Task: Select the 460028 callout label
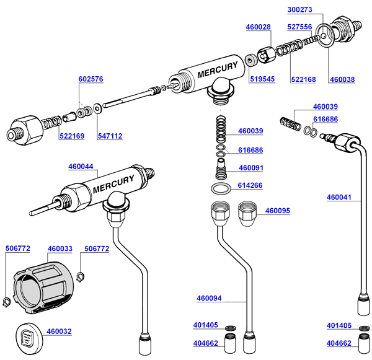pos(258,27)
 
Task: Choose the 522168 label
pos(303,79)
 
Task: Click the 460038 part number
pos(342,79)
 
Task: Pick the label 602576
pos(91,79)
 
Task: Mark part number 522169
pos(72,136)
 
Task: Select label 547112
pos(110,136)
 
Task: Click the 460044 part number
pos(81,166)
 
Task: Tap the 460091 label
pos(251,167)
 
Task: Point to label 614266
pos(251,185)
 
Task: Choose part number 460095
pos(278,211)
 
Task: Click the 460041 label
pos(339,198)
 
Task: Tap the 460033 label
pos(60,248)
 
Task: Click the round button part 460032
pos(27,337)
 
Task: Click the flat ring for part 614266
pos(221,188)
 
